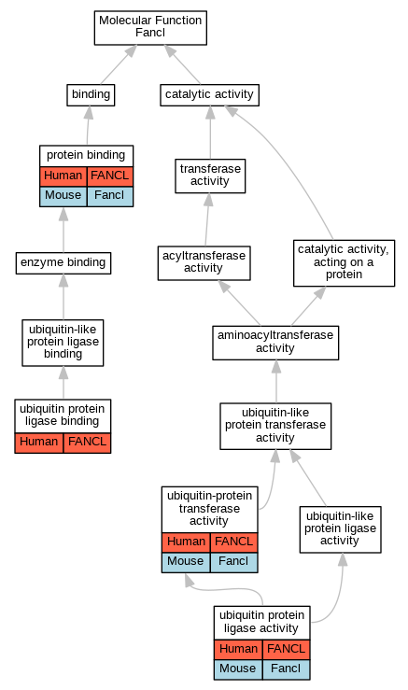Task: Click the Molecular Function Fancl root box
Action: click(x=150, y=28)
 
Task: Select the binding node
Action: click(x=91, y=95)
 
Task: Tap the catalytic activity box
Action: click(x=209, y=95)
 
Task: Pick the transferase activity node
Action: click(x=210, y=176)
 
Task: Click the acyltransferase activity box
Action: click(x=204, y=263)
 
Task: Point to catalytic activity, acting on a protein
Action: click(x=345, y=263)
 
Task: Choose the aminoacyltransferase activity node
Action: click(x=275, y=343)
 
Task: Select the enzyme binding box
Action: click(x=63, y=263)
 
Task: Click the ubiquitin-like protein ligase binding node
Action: click(x=63, y=343)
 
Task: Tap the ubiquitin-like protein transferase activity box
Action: click(x=275, y=426)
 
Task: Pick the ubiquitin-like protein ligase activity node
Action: click(x=340, y=529)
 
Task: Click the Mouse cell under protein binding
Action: click(x=63, y=196)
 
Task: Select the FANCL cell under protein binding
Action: click(x=110, y=176)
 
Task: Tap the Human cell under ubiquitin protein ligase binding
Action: click(x=39, y=443)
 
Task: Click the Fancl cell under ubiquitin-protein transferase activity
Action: click(x=233, y=562)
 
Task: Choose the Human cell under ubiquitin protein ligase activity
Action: click(x=239, y=650)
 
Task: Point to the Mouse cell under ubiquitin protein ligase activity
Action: click(x=238, y=669)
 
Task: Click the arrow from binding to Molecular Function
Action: click(x=118, y=64)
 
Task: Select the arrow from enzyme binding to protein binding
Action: click(x=63, y=230)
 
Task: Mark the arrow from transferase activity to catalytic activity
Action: click(x=210, y=133)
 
